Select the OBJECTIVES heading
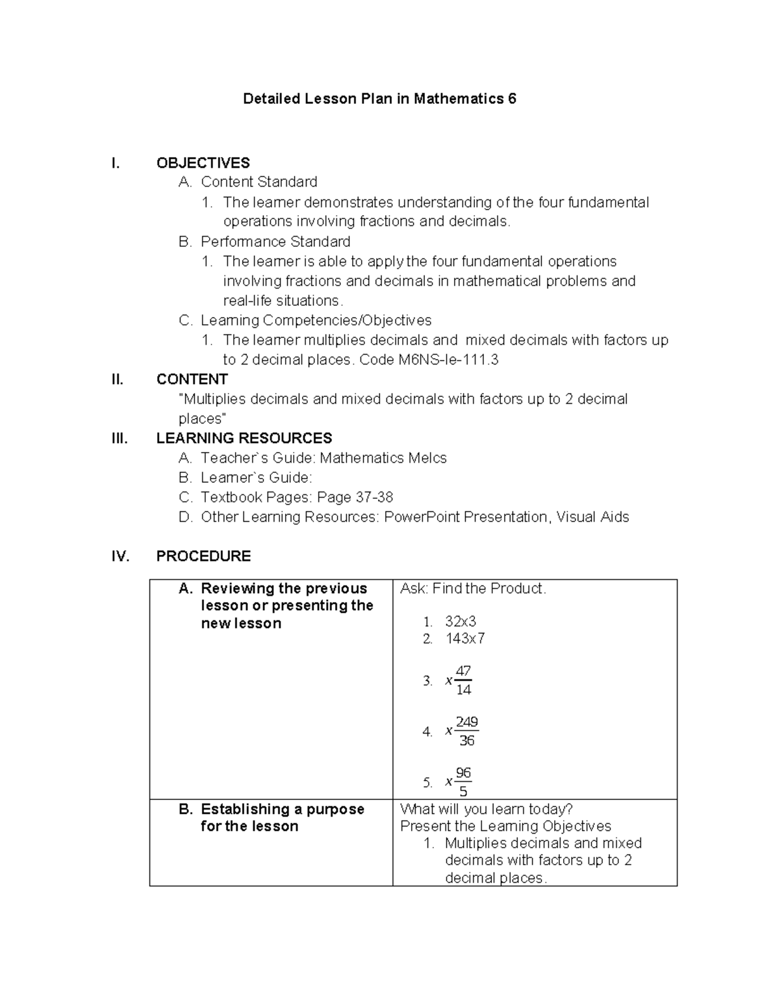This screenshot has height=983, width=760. (x=203, y=163)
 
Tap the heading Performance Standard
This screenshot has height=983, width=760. (x=275, y=241)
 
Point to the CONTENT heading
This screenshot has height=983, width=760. (x=192, y=379)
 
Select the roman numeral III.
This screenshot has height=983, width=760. (x=118, y=438)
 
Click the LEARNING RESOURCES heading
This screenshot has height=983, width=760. (x=244, y=438)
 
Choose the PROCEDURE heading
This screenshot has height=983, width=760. (x=203, y=556)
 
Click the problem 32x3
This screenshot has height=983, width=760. (x=460, y=621)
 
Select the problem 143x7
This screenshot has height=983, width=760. (x=465, y=638)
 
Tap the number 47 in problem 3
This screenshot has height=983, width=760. (x=464, y=671)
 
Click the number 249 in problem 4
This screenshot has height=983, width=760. (x=467, y=722)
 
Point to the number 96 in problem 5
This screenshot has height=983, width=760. (x=464, y=773)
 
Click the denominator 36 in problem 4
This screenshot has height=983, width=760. (x=467, y=741)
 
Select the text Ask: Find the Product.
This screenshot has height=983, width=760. (x=472, y=588)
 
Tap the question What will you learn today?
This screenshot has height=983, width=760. (x=486, y=809)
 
